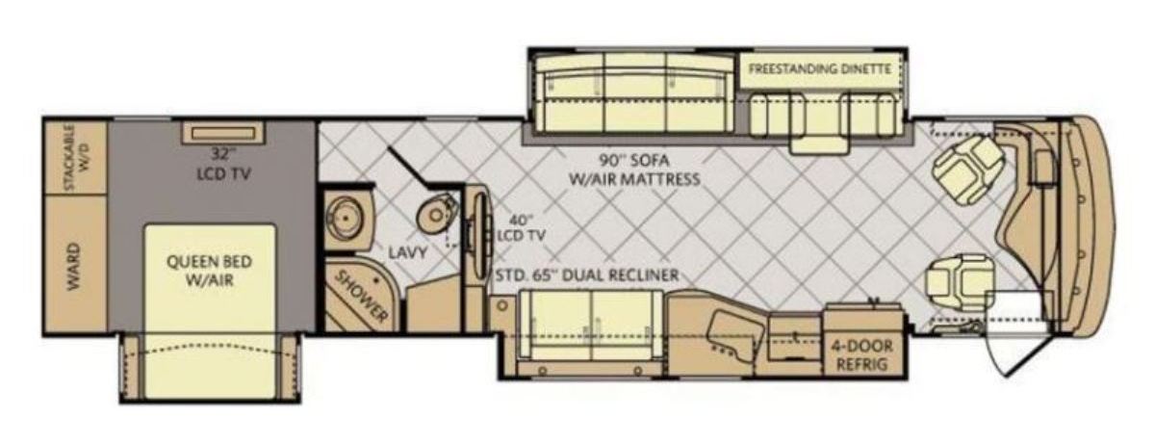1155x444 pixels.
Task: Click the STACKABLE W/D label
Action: click(76, 158)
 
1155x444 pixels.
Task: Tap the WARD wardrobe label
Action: click(74, 267)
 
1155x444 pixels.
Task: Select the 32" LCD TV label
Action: click(223, 165)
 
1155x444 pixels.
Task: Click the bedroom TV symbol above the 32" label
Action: click(223, 134)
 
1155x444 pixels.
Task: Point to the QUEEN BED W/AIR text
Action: click(210, 271)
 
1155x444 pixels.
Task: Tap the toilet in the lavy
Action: click(437, 213)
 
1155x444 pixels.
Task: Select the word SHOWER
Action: click(362, 297)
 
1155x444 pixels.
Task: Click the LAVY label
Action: click(408, 252)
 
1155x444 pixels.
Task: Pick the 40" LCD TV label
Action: click(521, 228)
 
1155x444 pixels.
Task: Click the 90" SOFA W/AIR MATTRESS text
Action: click(634, 170)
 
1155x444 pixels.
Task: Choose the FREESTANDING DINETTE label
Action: click(820, 68)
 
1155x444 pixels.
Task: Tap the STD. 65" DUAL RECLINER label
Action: click(587, 274)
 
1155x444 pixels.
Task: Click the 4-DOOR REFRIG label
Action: click(861, 355)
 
